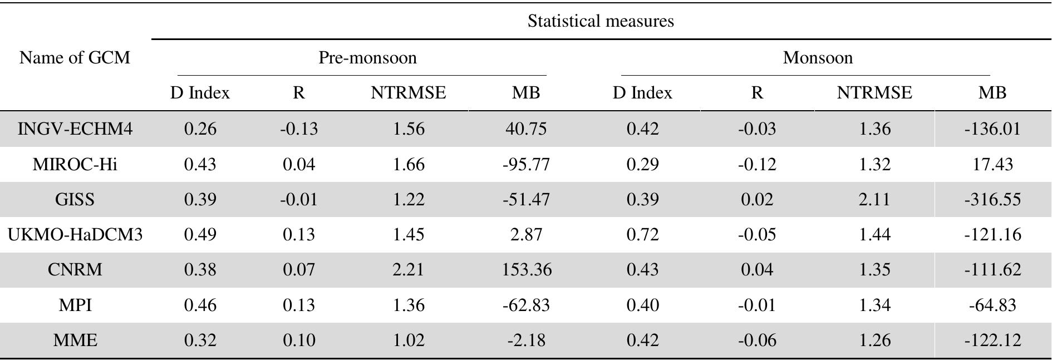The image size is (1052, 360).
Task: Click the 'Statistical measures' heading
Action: (x=601, y=21)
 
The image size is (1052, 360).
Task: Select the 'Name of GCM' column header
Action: (x=75, y=57)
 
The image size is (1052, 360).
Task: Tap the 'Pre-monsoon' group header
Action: (x=367, y=58)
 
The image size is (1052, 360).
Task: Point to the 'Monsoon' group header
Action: (x=818, y=58)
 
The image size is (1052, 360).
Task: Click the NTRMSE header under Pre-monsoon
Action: (x=409, y=93)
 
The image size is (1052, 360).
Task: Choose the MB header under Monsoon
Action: (x=992, y=93)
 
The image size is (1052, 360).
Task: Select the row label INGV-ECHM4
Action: (x=75, y=129)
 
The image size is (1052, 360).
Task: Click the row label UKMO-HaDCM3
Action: (x=75, y=235)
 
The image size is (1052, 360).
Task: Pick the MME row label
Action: (x=75, y=340)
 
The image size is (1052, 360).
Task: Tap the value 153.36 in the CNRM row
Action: (x=526, y=270)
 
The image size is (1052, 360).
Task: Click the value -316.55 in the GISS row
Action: (x=992, y=199)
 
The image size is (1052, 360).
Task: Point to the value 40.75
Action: (x=526, y=129)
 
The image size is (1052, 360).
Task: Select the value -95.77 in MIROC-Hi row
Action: (x=526, y=165)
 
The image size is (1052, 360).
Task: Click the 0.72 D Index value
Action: (x=642, y=235)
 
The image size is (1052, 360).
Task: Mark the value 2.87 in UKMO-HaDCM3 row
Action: (x=526, y=235)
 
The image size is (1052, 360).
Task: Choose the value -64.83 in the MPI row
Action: (x=992, y=305)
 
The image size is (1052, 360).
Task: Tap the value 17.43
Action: (x=992, y=165)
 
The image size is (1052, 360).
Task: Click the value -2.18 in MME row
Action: (x=526, y=340)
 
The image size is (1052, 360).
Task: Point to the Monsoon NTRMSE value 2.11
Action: (x=874, y=199)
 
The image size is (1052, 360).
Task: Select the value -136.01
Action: (x=992, y=129)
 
